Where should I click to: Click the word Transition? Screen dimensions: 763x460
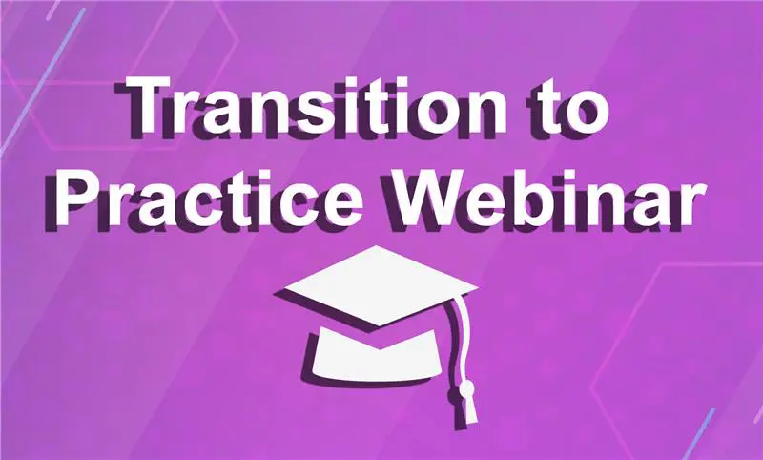tap(314, 106)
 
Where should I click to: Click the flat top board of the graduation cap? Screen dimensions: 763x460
tap(380, 284)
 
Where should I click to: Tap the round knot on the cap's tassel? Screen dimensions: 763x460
tap(466, 389)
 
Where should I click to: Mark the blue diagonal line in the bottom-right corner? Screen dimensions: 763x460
tap(697, 434)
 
